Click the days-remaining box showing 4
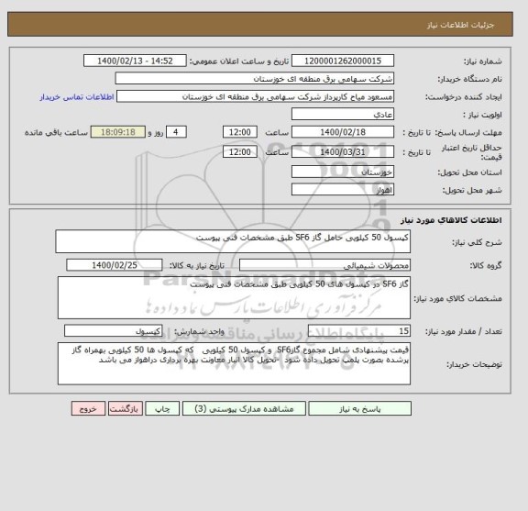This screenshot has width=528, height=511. point(179,132)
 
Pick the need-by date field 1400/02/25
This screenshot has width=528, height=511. point(115,264)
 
